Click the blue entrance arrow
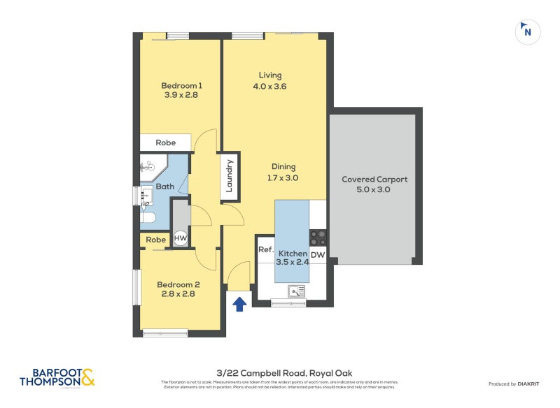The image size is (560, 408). (x=239, y=303)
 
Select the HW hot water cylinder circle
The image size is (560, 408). (x=181, y=238)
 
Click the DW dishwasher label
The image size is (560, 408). (x=318, y=254)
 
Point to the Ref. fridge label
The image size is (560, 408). (x=265, y=249)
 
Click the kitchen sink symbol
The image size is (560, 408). (x=296, y=291)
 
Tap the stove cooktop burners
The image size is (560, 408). (x=318, y=238)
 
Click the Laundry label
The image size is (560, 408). (x=230, y=176)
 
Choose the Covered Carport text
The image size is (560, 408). (x=374, y=180)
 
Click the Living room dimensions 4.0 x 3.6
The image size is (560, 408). (x=270, y=87)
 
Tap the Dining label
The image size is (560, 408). (x=284, y=167)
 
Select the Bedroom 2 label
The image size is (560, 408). (x=178, y=284)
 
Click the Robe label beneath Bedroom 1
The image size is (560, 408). (x=165, y=143)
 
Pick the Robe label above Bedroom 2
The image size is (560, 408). (x=156, y=240)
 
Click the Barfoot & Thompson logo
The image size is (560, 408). (x=58, y=378)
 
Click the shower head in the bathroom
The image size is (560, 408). (x=148, y=166)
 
